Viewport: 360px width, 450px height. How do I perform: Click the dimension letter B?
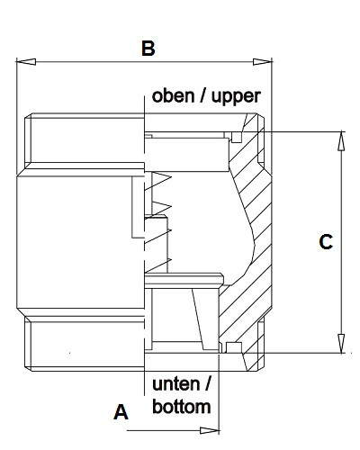coord(148,49)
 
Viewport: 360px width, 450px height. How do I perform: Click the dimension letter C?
coord(326,242)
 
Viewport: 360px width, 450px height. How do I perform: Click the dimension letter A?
coord(121,412)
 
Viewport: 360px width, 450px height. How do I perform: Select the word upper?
coord(236,97)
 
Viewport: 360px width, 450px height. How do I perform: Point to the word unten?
coord(175,384)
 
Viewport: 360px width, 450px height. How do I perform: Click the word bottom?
coord(182,407)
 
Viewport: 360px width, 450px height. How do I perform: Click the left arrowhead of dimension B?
coord(26,62)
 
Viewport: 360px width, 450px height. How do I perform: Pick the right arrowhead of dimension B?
coord(263,62)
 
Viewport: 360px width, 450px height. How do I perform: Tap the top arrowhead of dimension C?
coord(341,141)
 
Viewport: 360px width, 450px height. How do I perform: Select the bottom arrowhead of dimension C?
coord(341,343)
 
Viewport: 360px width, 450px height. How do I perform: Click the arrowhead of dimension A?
coord(210,430)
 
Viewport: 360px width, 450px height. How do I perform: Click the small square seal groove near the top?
coord(237,137)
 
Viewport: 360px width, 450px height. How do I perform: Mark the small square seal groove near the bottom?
coord(234,347)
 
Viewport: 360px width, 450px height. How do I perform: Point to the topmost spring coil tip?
coord(171,177)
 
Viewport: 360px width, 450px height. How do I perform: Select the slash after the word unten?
coord(208,384)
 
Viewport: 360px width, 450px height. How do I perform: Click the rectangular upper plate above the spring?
coord(186,155)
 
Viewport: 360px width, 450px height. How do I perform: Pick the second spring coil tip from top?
coord(171,207)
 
